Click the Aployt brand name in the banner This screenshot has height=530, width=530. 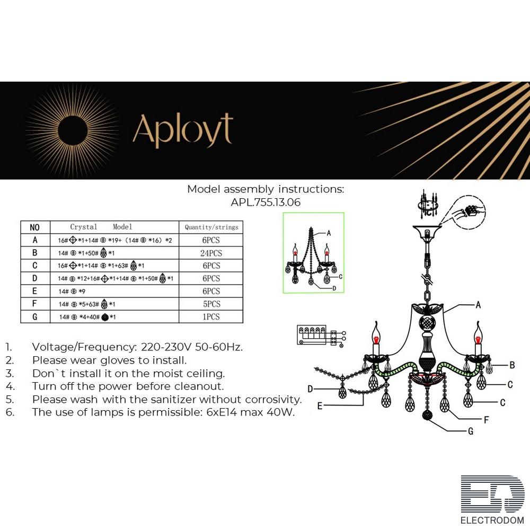[182, 130]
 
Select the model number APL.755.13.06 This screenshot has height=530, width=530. [266, 202]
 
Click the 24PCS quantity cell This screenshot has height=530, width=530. [211, 253]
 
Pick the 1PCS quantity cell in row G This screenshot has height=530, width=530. [211, 316]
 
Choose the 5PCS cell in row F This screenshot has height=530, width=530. [211, 304]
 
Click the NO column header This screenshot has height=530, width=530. [35, 227]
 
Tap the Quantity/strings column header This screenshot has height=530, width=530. [211, 227]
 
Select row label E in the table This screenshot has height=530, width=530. [35, 291]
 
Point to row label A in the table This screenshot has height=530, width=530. [35, 240]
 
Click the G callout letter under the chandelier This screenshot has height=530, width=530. [470, 431]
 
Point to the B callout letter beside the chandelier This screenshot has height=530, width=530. [512, 365]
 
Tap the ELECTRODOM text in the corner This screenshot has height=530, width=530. [492, 520]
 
